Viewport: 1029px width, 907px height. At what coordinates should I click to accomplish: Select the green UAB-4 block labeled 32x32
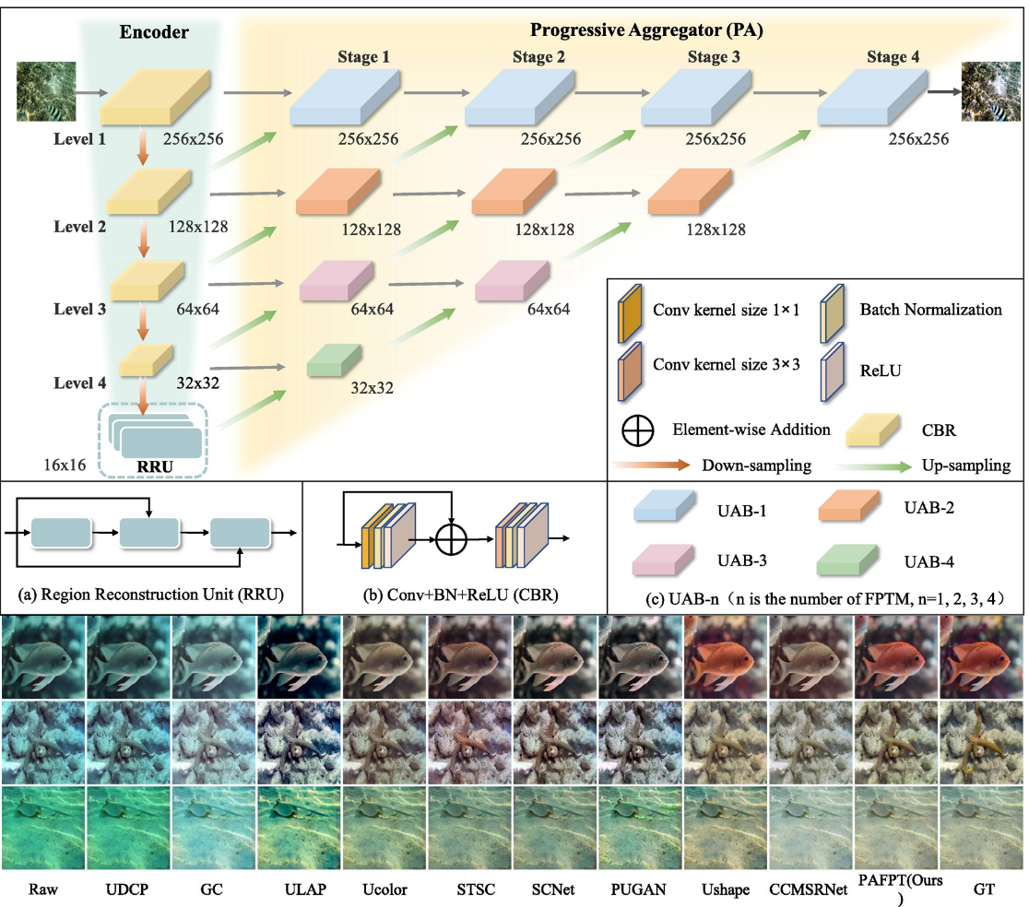click(334, 359)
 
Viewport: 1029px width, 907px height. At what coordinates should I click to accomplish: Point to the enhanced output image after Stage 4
click(992, 93)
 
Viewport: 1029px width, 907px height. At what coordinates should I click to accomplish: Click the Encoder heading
click(154, 32)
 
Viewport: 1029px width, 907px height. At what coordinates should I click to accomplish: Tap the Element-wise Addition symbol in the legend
click(639, 430)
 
